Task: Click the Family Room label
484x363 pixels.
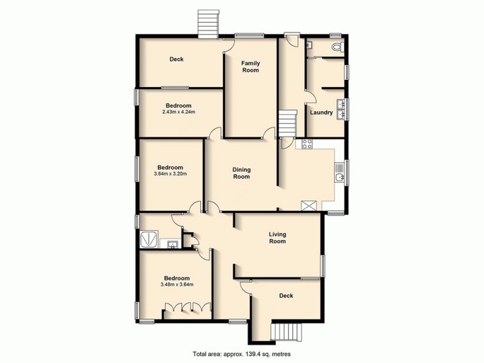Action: point(250,67)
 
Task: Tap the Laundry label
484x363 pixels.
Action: point(321,113)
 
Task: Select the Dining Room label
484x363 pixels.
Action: point(242,173)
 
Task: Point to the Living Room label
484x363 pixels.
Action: point(277,237)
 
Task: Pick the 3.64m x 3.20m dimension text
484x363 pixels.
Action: point(170,174)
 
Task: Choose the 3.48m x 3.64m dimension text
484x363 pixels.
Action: point(177,284)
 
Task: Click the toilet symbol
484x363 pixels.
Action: point(337,46)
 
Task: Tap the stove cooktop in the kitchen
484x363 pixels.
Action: point(307,144)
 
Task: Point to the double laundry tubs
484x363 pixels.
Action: point(342,108)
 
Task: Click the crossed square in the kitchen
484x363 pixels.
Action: point(310,205)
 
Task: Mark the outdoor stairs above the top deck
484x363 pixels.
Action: point(208,24)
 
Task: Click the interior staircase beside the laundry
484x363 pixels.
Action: point(287,123)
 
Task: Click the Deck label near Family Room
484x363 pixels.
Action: point(176,59)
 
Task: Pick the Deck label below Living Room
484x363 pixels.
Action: point(286,296)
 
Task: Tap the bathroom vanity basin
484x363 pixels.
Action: point(172,244)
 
